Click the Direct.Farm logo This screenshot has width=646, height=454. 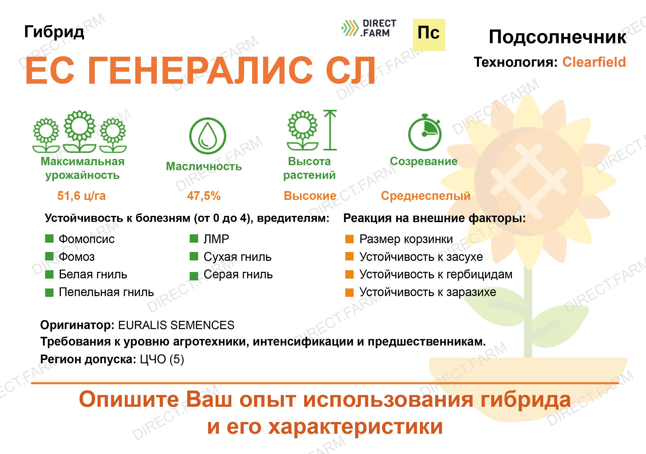tap(368, 28)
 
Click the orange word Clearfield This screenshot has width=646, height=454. tap(594, 62)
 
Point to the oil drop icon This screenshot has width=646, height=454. tap(208, 136)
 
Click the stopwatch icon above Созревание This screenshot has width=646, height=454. tap(425, 132)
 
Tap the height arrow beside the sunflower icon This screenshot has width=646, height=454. tap(330, 130)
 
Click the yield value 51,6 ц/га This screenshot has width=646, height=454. tap(81, 196)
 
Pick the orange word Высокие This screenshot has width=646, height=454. tap(310, 196)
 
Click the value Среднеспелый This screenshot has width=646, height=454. tap(425, 196)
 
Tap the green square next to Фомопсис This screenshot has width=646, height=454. tap(49, 239)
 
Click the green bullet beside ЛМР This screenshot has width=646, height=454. tap(194, 239)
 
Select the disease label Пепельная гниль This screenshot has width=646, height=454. tap(106, 292)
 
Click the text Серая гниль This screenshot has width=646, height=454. tap(238, 274)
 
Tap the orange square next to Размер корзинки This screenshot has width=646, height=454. tap(349, 239)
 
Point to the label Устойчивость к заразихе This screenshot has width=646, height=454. tap(428, 292)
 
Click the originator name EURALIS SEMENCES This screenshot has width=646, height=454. tap(176, 325)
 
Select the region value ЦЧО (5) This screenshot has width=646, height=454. tap(162, 359)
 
